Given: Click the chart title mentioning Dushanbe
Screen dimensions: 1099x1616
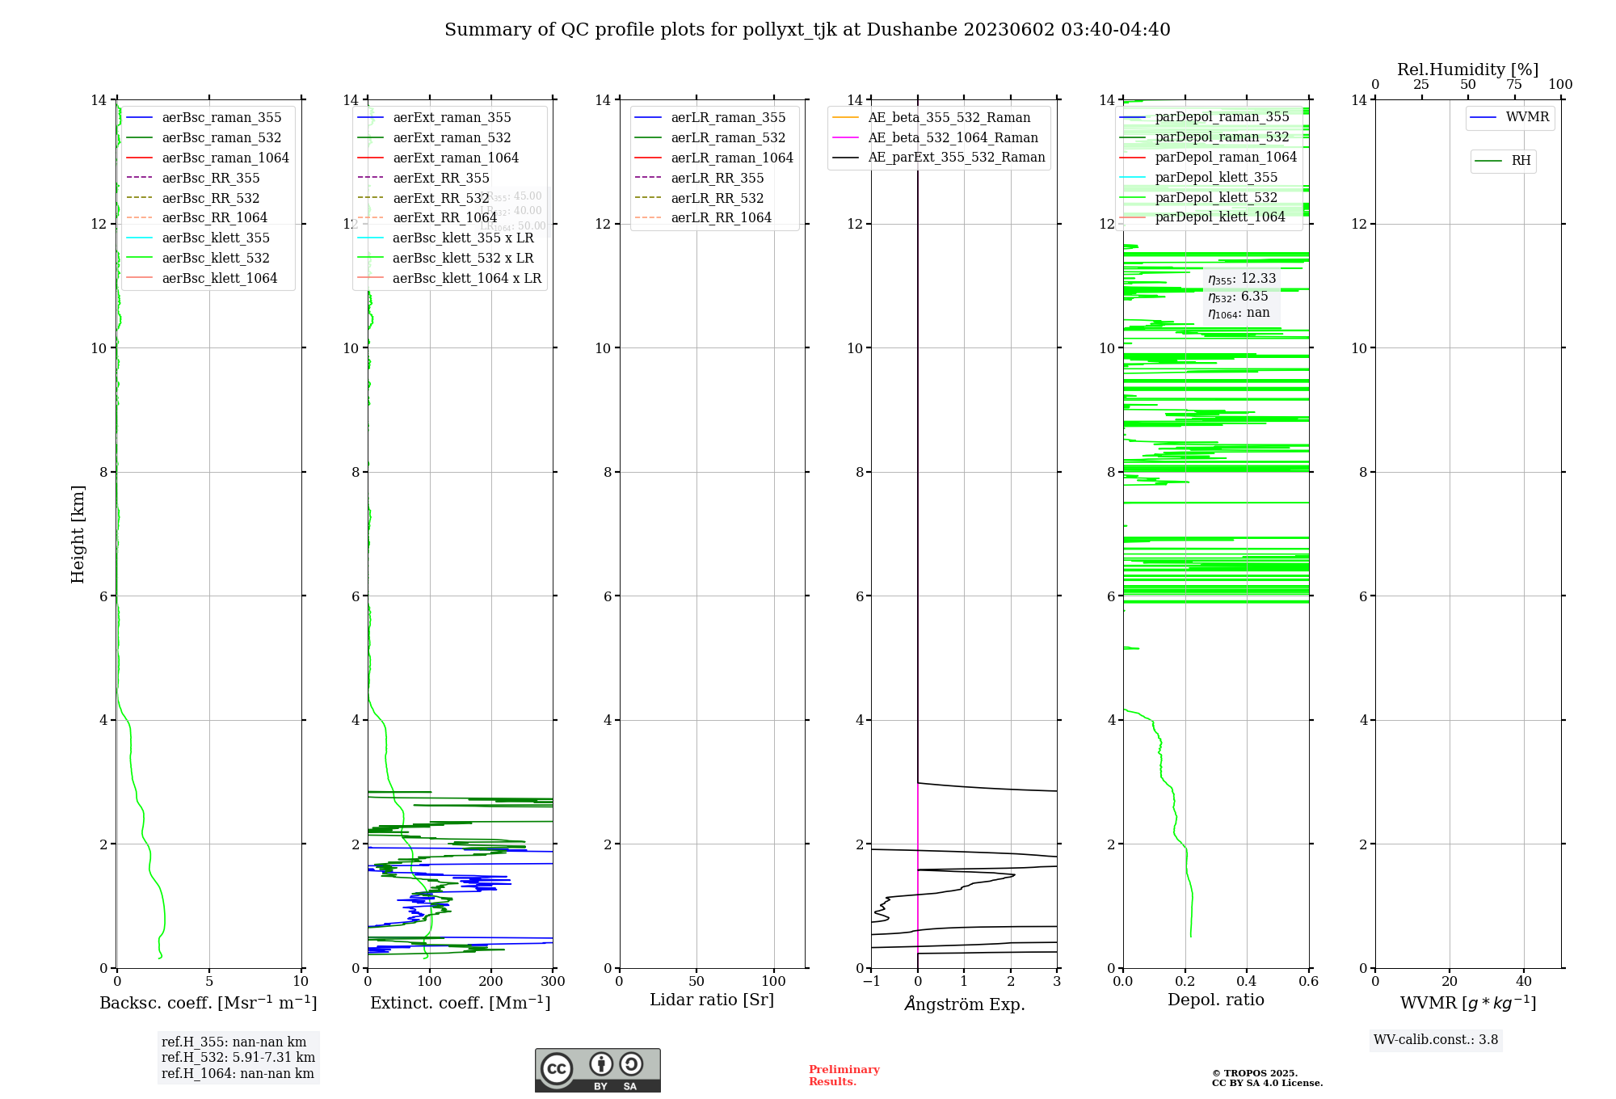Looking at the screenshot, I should coord(807,30).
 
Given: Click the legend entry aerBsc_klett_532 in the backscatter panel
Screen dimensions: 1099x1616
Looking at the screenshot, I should coord(215,258).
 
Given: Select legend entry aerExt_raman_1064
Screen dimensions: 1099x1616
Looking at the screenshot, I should coord(456,158).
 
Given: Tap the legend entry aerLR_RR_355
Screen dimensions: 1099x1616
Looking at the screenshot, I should coord(717,178).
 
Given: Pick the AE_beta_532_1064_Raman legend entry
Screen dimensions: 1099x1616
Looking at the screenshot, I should coord(953,137).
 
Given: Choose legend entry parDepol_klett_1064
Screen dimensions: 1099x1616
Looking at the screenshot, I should coord(1219,217).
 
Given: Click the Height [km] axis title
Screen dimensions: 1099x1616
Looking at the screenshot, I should coord(78,533).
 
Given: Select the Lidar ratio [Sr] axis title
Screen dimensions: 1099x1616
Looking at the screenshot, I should coord(712,1000).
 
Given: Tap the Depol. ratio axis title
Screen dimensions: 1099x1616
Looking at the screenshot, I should coord(1215,1000).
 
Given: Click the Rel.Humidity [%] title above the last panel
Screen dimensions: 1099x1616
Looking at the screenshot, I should coord(1467,69).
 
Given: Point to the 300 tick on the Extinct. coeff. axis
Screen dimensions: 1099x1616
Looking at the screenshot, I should coord(553,982).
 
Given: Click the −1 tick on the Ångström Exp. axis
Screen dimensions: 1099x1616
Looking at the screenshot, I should coord(871,982).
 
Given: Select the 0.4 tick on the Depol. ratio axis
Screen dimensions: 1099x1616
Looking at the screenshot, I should coord(1247,982).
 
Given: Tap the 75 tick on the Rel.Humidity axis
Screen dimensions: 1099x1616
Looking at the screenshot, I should coord(1514,84).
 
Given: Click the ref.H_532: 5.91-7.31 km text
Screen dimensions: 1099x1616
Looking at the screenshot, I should coord(238,1058).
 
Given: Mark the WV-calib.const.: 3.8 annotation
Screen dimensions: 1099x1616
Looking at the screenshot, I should coord(1436,1040).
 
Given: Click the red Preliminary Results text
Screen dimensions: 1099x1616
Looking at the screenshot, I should coord(844,1076).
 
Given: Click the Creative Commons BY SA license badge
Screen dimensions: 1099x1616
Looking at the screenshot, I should coord(597,1071).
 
